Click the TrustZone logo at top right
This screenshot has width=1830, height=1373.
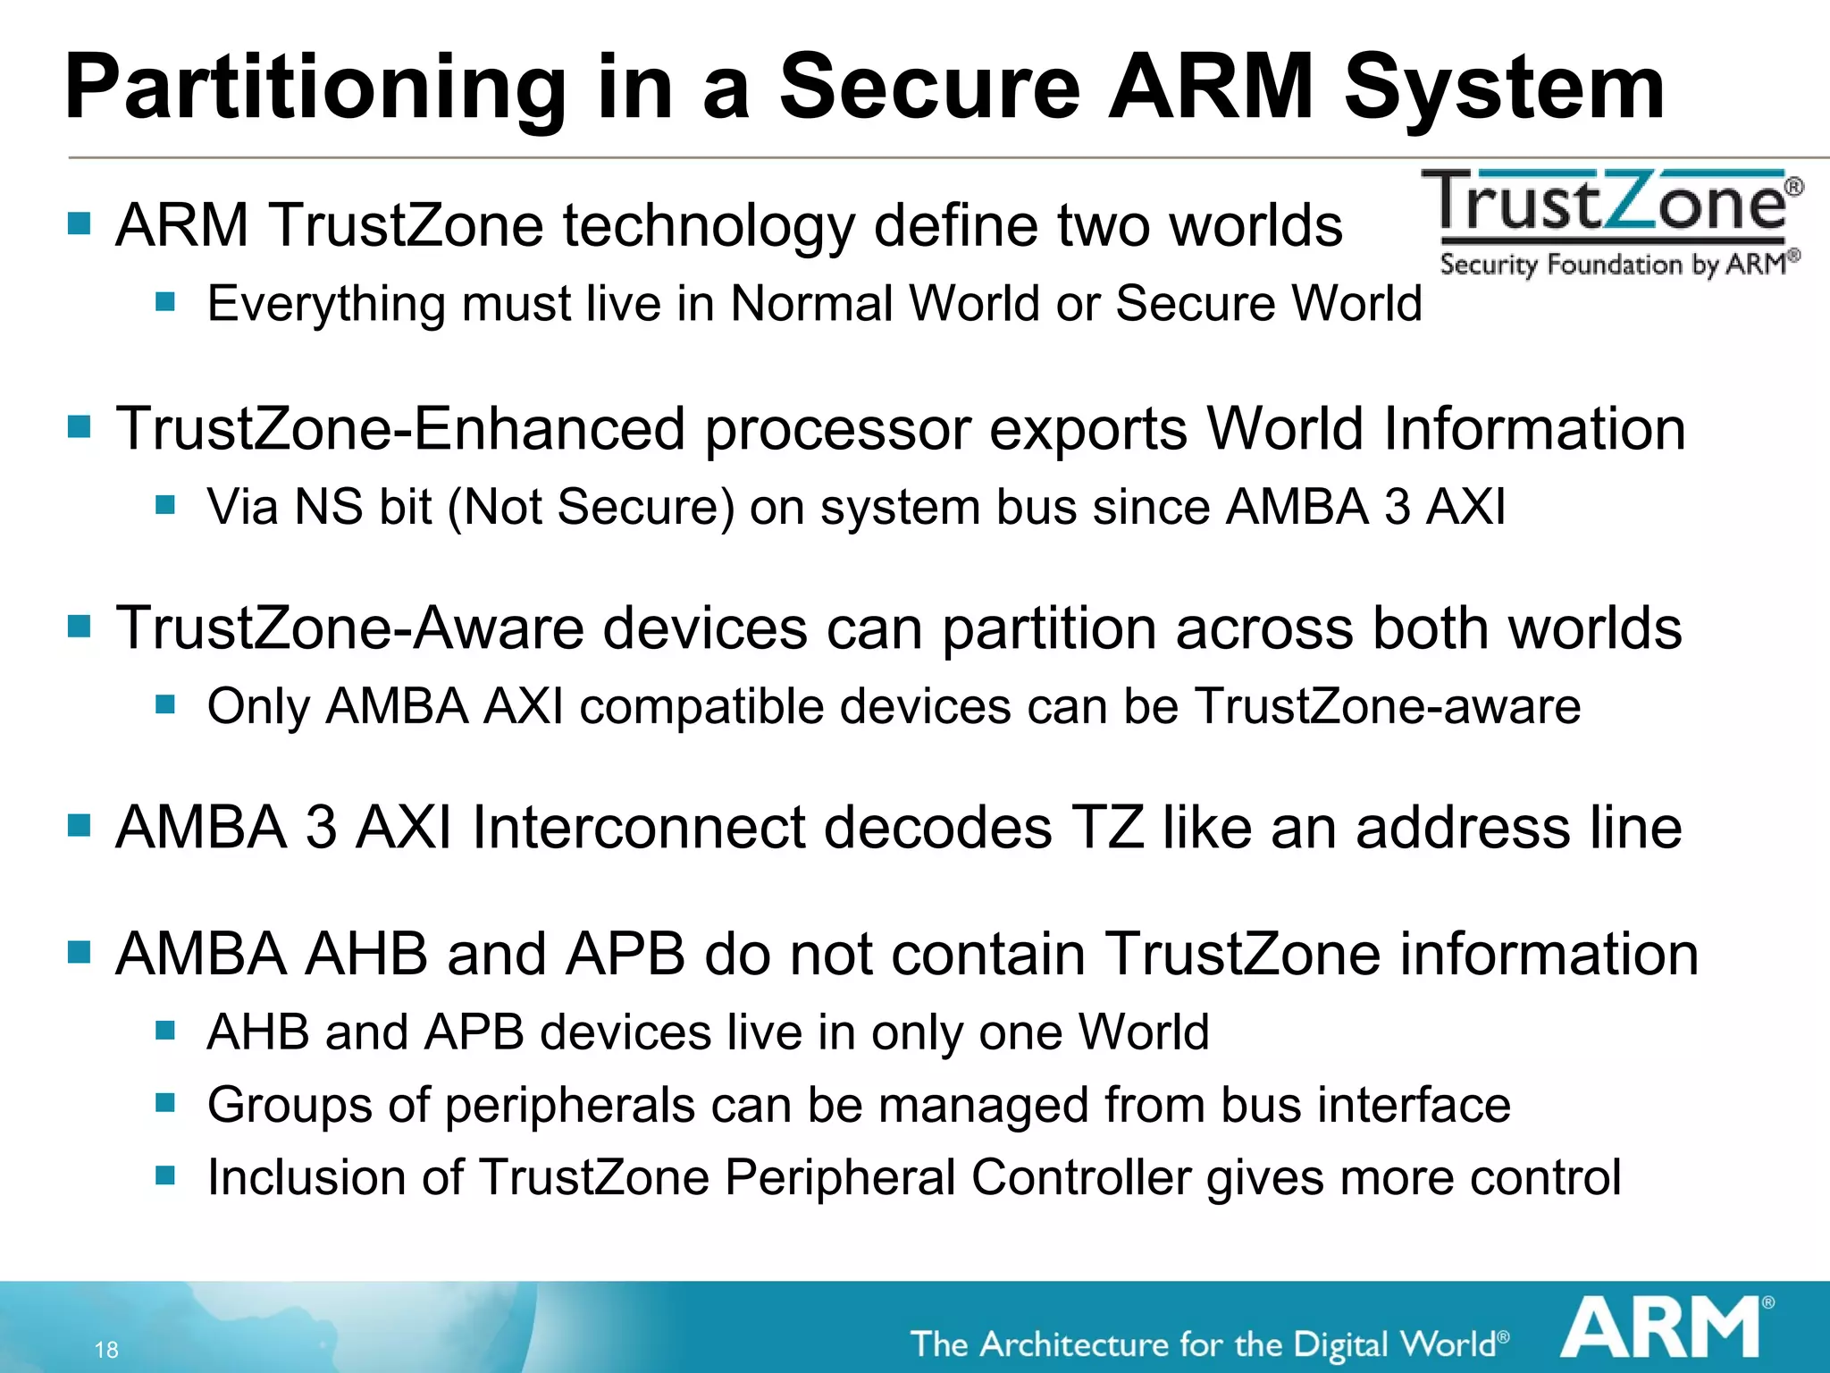click(1613, 223)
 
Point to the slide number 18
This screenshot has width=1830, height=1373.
click(106, 1350)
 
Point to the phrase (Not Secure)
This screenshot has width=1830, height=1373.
click(591, 507)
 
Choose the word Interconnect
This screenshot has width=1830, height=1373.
click(638, 827)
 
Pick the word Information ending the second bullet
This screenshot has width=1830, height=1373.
click(1534, 429)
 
